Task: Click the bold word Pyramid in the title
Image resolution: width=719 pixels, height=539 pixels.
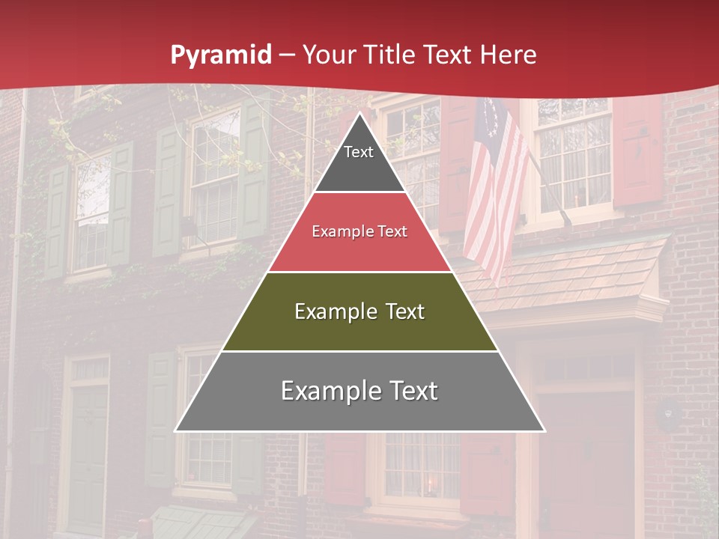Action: [x=220, y=55]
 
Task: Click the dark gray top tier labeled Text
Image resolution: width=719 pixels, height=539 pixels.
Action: [x=359, y=161]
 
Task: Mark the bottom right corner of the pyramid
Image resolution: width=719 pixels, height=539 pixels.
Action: [x=544, y=430]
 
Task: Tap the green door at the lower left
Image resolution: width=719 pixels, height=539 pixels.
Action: [x=88, y=457]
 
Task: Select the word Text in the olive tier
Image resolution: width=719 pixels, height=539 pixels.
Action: [x=401, y=311]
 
